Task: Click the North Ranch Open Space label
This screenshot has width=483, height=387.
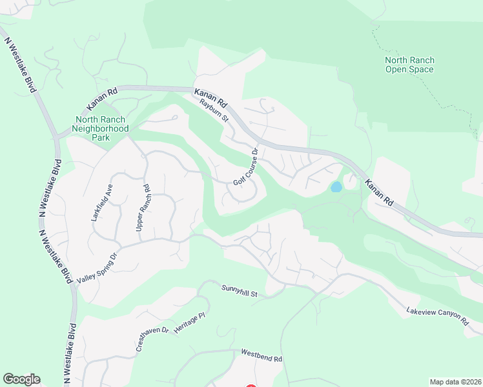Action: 409,64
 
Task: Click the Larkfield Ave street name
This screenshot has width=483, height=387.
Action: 102,203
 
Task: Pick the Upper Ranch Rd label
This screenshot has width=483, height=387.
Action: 143,208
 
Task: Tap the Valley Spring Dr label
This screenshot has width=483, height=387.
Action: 99,268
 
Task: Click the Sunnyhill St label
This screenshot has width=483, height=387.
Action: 240,291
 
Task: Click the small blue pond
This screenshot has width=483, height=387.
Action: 336,187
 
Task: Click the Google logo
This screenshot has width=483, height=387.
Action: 21,379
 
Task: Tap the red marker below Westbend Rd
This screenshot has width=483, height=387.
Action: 251,386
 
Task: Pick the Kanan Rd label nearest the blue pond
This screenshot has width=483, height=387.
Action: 379,192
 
